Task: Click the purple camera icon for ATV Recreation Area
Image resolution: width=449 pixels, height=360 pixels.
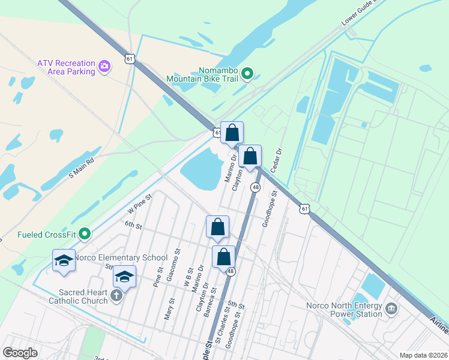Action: (x=104, y=66)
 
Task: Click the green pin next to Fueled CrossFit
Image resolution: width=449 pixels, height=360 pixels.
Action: (x=85, y=233)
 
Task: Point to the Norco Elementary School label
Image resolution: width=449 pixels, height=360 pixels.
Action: (x=121, y=258)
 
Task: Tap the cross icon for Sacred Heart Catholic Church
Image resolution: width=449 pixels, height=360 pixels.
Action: (x=116, y=296)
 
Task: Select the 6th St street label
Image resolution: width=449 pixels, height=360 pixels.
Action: (x=133, y=226)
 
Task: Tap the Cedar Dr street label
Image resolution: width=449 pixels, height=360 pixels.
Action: (x=277, y=160)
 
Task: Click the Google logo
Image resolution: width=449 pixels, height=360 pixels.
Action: (x=20, y=352)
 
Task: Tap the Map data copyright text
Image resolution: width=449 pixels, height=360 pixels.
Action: (x=423, y=355)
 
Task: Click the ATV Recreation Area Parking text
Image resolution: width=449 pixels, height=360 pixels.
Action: (x=66, y=67)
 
